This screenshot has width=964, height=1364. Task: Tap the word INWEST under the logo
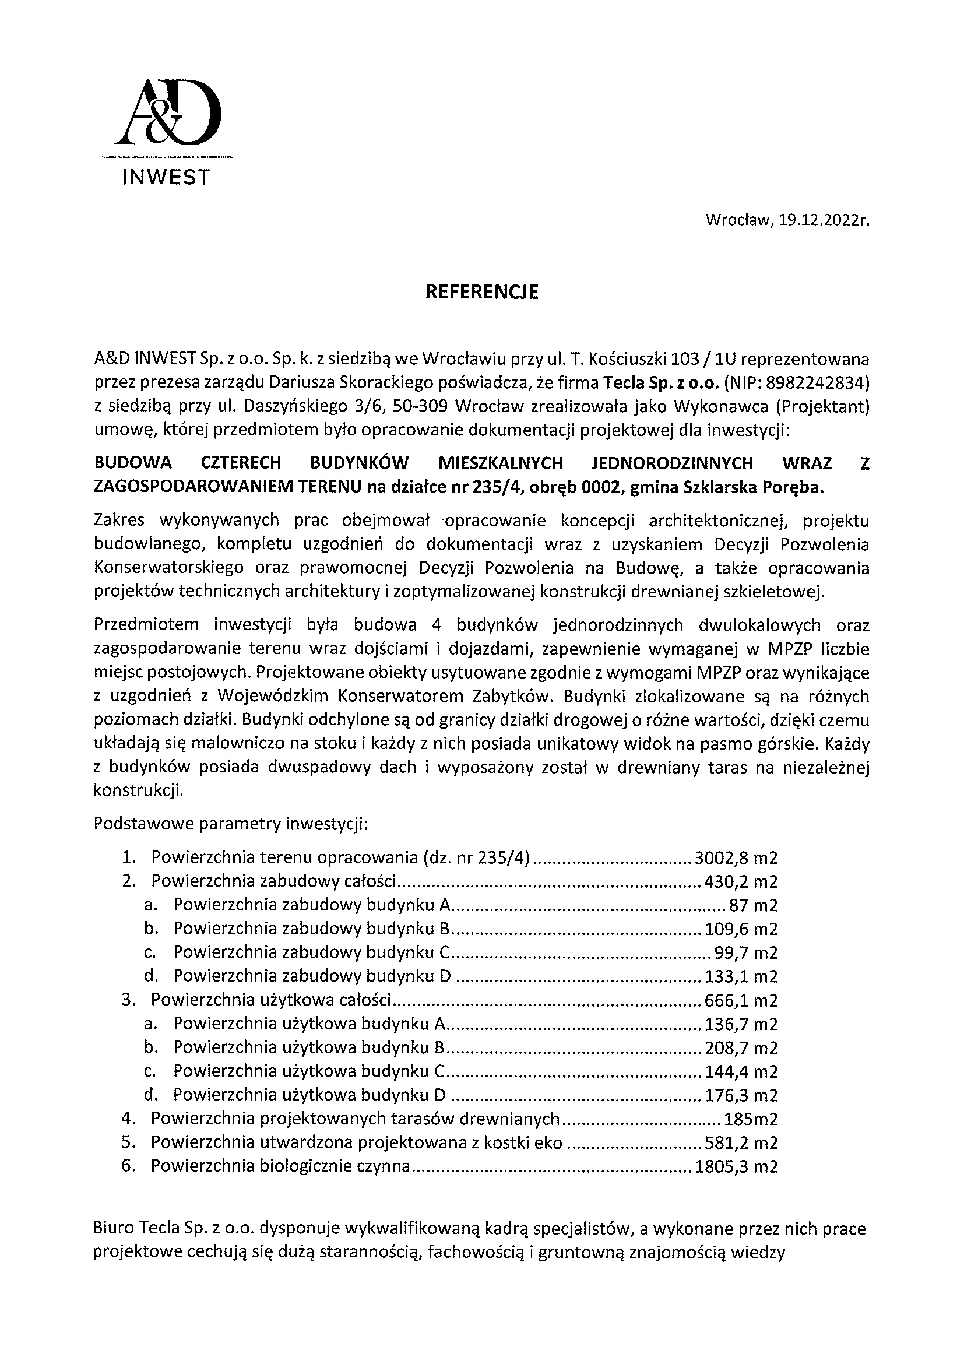(166, 177)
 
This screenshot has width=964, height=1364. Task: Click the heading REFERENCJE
(481, 292)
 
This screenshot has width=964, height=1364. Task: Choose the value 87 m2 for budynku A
(753, 905)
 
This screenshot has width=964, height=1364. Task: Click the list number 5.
(126, 1143)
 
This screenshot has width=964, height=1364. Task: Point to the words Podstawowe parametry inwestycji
(231, 825)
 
